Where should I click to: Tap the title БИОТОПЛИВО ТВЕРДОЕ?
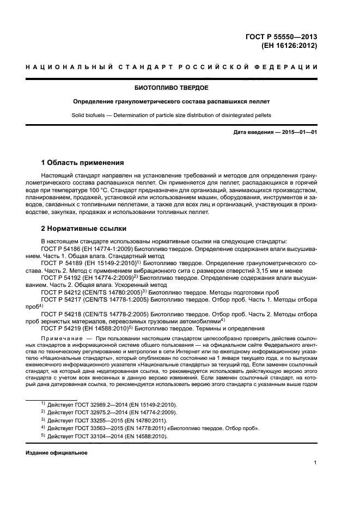pyautogui.click(x=172, y=88)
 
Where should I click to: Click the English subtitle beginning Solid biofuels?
pyautogui.click(x=172, y=115)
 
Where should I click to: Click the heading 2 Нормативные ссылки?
pyautogui.click(x=83, y=229)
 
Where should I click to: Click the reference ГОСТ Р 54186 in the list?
pyautogui.click(x=63, y=248)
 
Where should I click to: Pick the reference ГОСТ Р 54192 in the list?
pyautogui.click(x=63, y=277)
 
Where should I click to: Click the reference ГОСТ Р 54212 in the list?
pyautogui.click(x=63, y=292)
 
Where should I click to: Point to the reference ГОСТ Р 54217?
pyautogui.click(x=63, y=299)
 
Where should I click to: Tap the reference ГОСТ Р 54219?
pyautogui.click(x=63, y=328)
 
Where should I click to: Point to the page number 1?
pyautogui.click(x=315, y=463)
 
